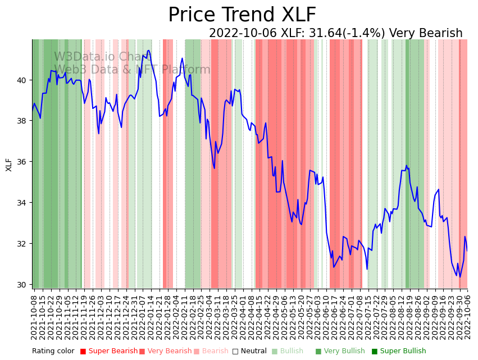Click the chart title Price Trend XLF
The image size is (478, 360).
(x=242, y=15)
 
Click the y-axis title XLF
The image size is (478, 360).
(x=9, y=165)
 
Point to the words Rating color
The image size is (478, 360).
(x=53, y=351)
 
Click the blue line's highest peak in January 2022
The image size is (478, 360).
(x=148, y=51)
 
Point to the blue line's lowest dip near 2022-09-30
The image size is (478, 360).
(x=460, y=276)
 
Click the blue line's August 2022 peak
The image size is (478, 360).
(x=406, y=166)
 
